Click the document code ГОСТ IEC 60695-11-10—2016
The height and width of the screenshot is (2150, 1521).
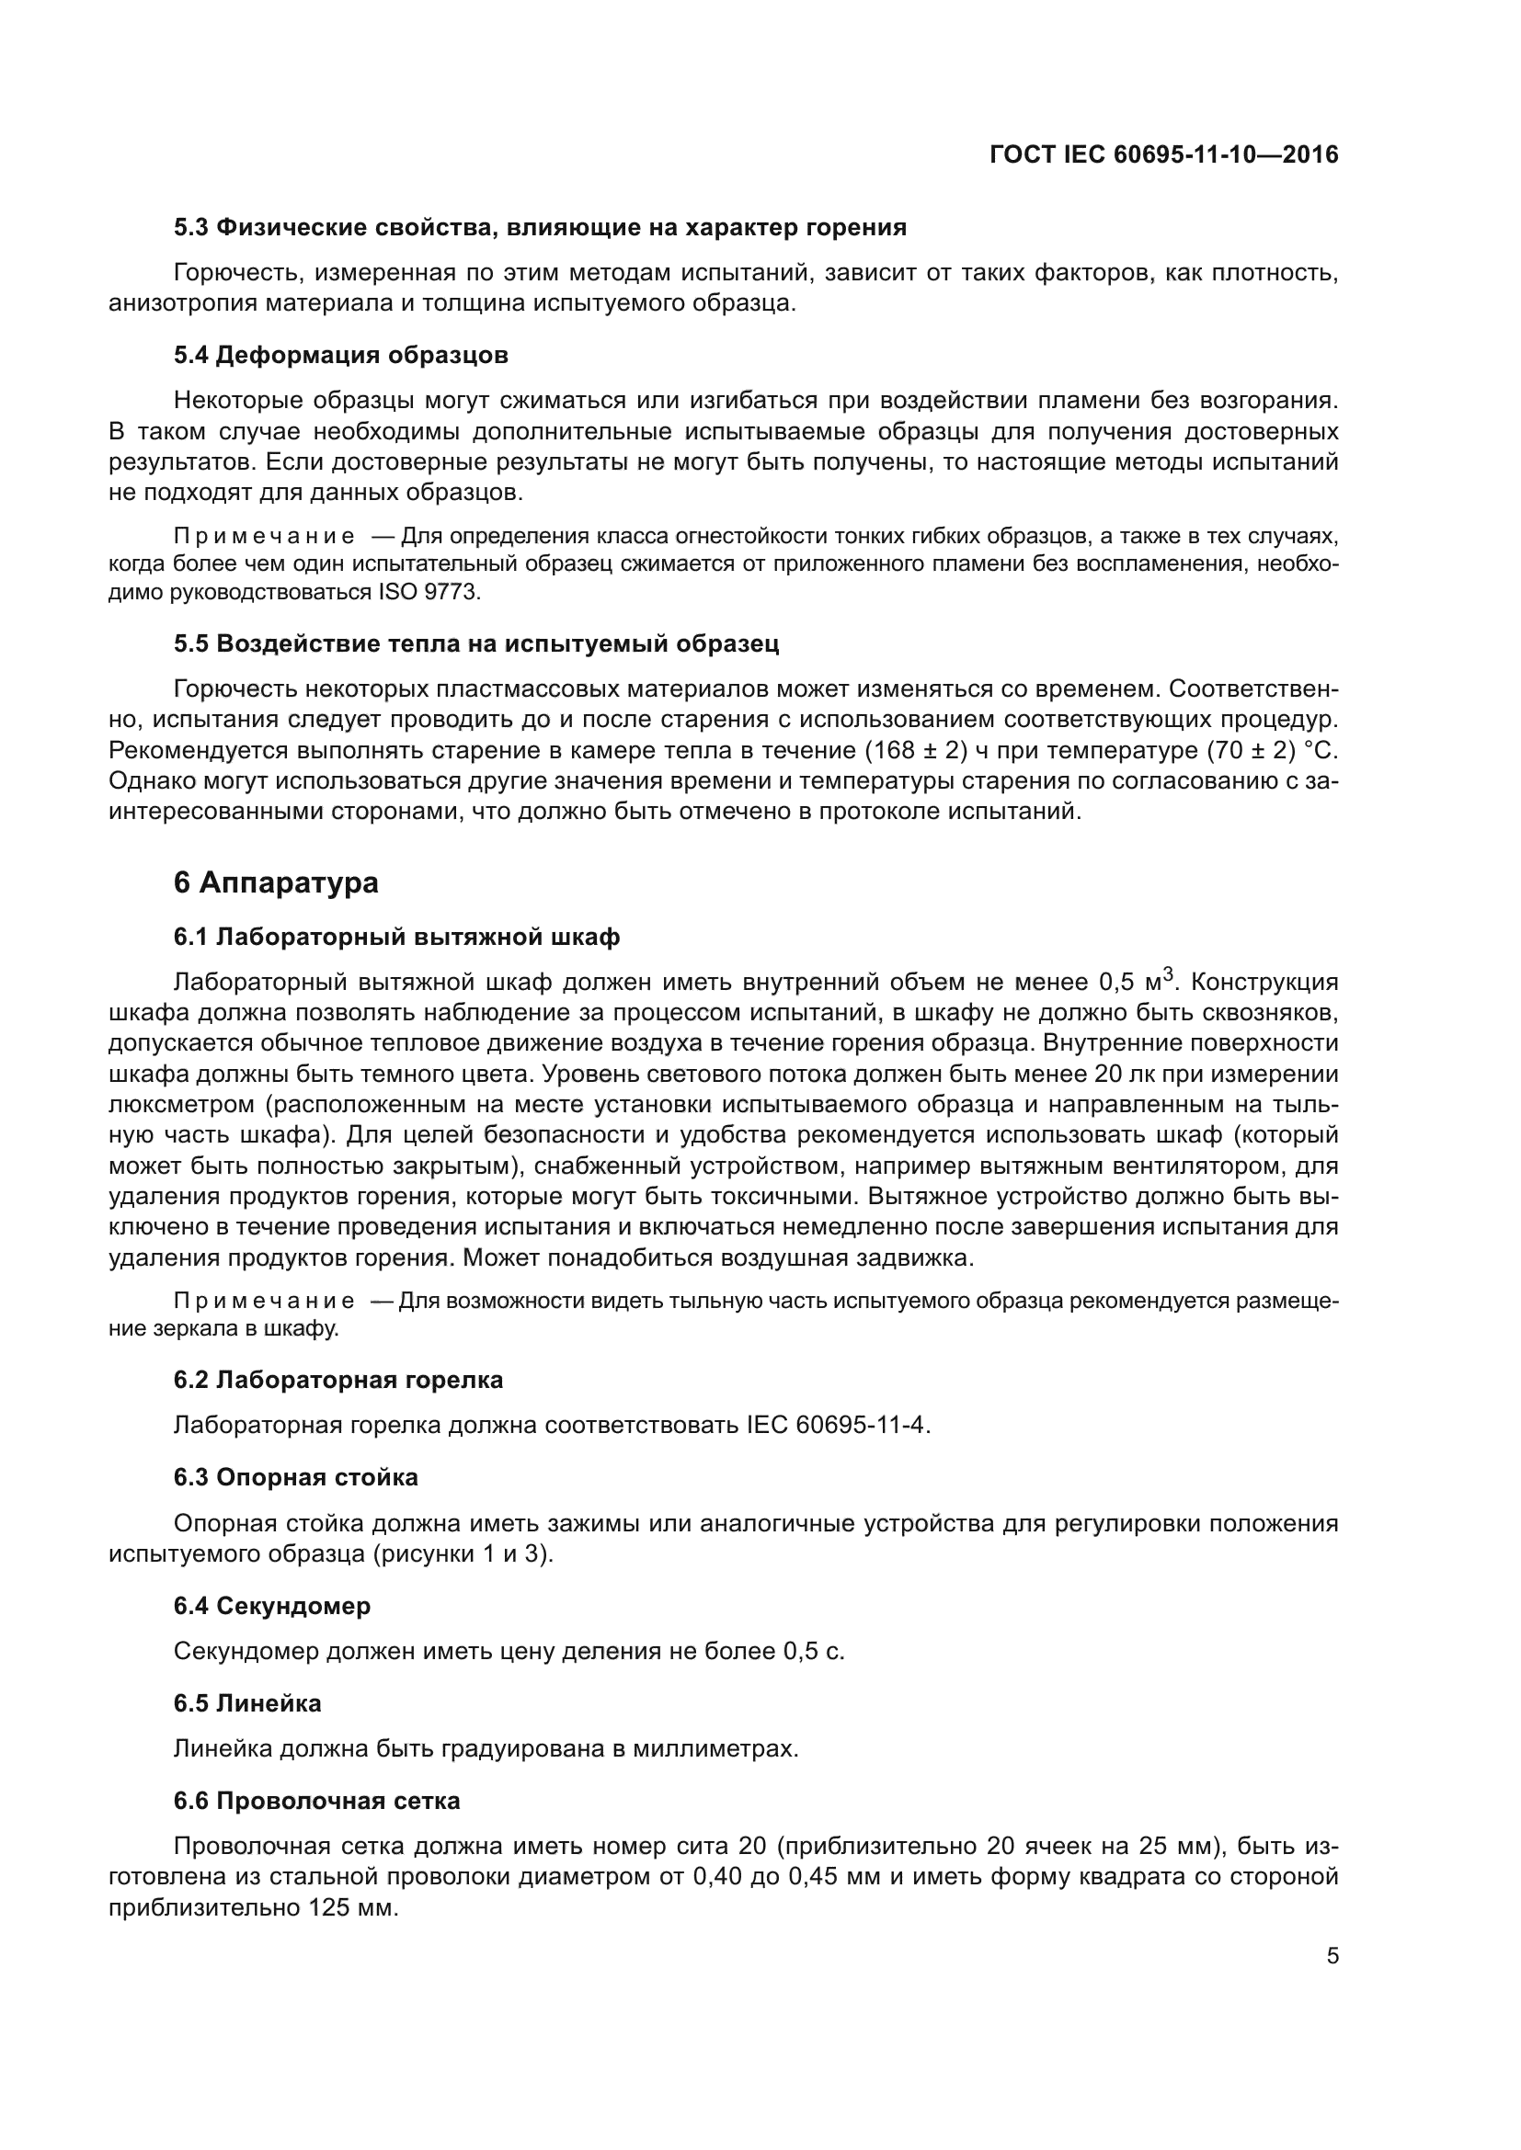(x=1163, y=154)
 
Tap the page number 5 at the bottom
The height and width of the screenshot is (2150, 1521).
(x=1332, y=1955)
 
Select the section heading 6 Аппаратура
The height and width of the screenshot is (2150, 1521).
(x=275, y=882)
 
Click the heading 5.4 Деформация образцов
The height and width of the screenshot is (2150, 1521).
(x=341, y=355)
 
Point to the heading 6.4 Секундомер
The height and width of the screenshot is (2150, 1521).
(x=271, y=1605)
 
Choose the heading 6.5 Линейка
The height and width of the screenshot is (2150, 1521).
(x=247, y=1702)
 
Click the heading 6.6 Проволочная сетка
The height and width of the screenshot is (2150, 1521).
(x=316, y=1801)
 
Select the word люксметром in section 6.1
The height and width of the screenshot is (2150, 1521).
(x=182, y=1104)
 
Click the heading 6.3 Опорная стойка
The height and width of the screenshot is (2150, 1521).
(x=295, y=1477)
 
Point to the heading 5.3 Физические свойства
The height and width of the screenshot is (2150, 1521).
(x=540, y=228)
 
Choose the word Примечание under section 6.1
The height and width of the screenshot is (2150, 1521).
(x=264, y=1301)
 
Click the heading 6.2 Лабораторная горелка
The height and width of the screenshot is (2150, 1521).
(x=338, y=1380)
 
